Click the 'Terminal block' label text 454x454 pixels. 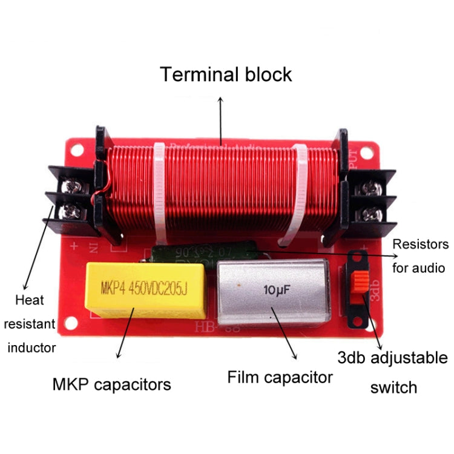pos(226,74)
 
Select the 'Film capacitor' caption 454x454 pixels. pos(280,377)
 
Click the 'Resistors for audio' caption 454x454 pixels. pos(421,255)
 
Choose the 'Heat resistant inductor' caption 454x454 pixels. pos(38,323)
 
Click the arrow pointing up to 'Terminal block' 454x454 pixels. pos(219,121)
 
